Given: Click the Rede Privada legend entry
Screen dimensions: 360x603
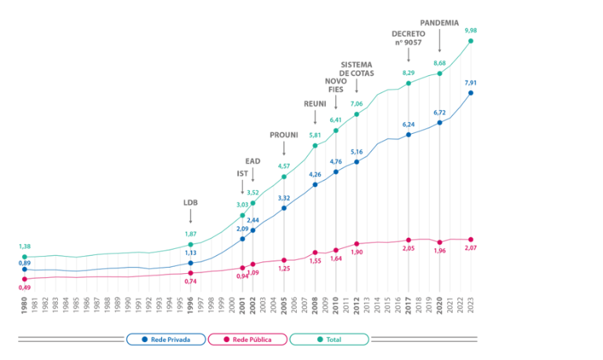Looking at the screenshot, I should point(165,340).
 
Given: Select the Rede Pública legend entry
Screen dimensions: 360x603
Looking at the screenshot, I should point(247,340).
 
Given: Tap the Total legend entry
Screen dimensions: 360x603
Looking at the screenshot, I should point(329,340).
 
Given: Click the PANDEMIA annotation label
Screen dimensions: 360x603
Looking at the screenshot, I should point(439,23).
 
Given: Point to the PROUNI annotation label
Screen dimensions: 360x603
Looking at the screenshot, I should point(283,135).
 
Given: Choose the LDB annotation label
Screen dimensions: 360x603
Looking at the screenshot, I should point(190,202).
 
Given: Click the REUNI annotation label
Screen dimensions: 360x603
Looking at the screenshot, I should point(315,103).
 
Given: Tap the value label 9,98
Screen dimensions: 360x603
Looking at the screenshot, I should point(471,31).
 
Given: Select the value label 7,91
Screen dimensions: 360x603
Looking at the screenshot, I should point(471,82).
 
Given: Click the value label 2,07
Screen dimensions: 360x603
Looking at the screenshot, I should point(471,248).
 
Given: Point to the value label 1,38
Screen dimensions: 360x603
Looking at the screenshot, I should point(25,247).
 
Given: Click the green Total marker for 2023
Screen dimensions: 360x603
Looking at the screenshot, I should point(471,41).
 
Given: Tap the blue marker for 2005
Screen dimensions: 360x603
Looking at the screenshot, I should point(283,208).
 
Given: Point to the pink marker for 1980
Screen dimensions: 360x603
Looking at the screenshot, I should point(25,279).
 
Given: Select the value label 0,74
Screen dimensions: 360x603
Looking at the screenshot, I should point(190,281).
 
